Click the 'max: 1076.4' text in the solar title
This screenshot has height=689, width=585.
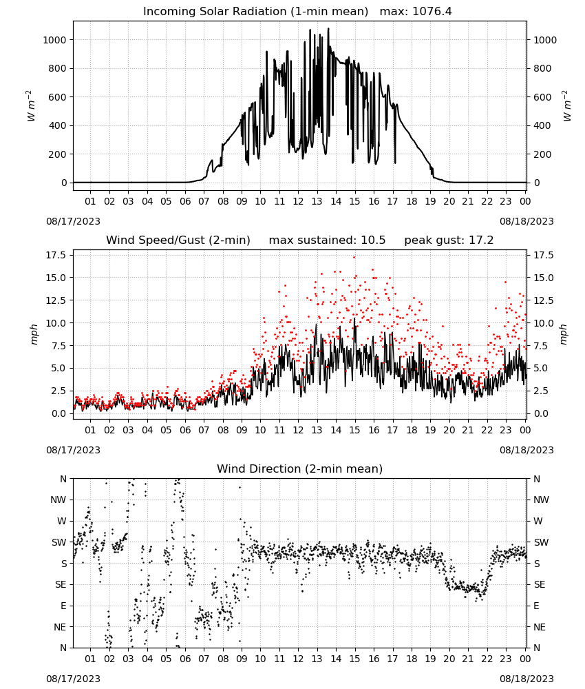pyautogui.click(x=416, y=12)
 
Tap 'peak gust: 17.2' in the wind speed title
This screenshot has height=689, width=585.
pyautogui.click(x=449, y=240)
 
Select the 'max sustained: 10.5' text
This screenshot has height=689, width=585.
pyautogui.click(x=327, y=240)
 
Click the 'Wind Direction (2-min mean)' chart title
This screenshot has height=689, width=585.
pyautogui.click(x=300, y=469)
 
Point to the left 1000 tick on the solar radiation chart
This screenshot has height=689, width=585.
pyautogui.click(x=54, y=40)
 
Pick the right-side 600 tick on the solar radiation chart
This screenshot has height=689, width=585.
pyautogui.click(x=542, y=97)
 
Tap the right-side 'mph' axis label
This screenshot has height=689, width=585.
pyautogui.click(x=564, y=334)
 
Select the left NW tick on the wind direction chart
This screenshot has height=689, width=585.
pyautogui.click(x=58, y=500)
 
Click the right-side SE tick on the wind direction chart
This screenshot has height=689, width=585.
pyautogui.click(x=540, y=585)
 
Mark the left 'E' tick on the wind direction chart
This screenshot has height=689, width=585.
pyautogui.click(x=63, y=606)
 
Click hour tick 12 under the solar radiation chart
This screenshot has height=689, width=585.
pyautogui.click(x=298, y=202)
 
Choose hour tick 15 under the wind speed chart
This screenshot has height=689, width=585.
pyautogui.click(x=354, y=430)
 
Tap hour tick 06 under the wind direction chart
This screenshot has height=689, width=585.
pyautogui.click(x=184, y=659)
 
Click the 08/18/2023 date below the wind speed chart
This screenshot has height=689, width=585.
pyautogui.click(x=526, y=450)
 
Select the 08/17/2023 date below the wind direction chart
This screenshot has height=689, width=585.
pyautogui.click(x=73, y=679)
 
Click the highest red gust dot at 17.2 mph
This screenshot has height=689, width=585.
pyautogui.click(x=354, y=257)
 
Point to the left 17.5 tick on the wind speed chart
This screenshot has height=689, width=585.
pyautogui.click(x=56, y=256)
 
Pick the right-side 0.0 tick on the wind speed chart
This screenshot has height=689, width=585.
pyautogui.click(x=541, y=413)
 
